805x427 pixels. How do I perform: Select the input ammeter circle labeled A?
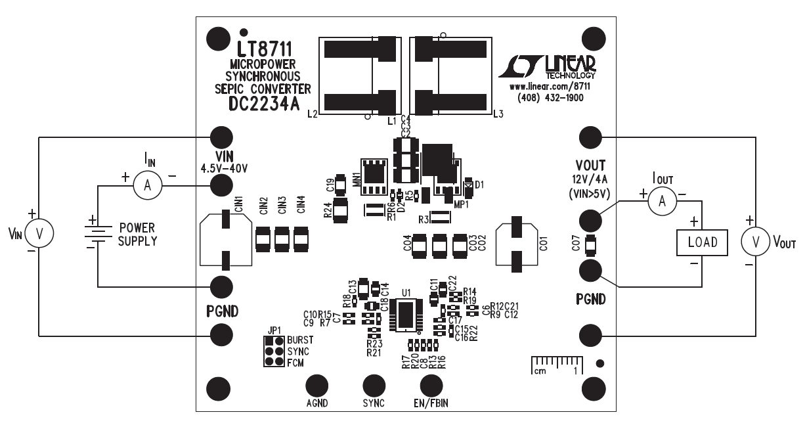[x=148, y=187]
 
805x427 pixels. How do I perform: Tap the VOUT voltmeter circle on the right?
[x=754, y=242]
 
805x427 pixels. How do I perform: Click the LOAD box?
[x=703, y=242]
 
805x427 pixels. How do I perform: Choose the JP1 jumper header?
[x=274, y=351]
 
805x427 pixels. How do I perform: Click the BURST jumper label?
[x=300, y=341]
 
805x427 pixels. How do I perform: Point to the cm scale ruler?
[x=555, y=363]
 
